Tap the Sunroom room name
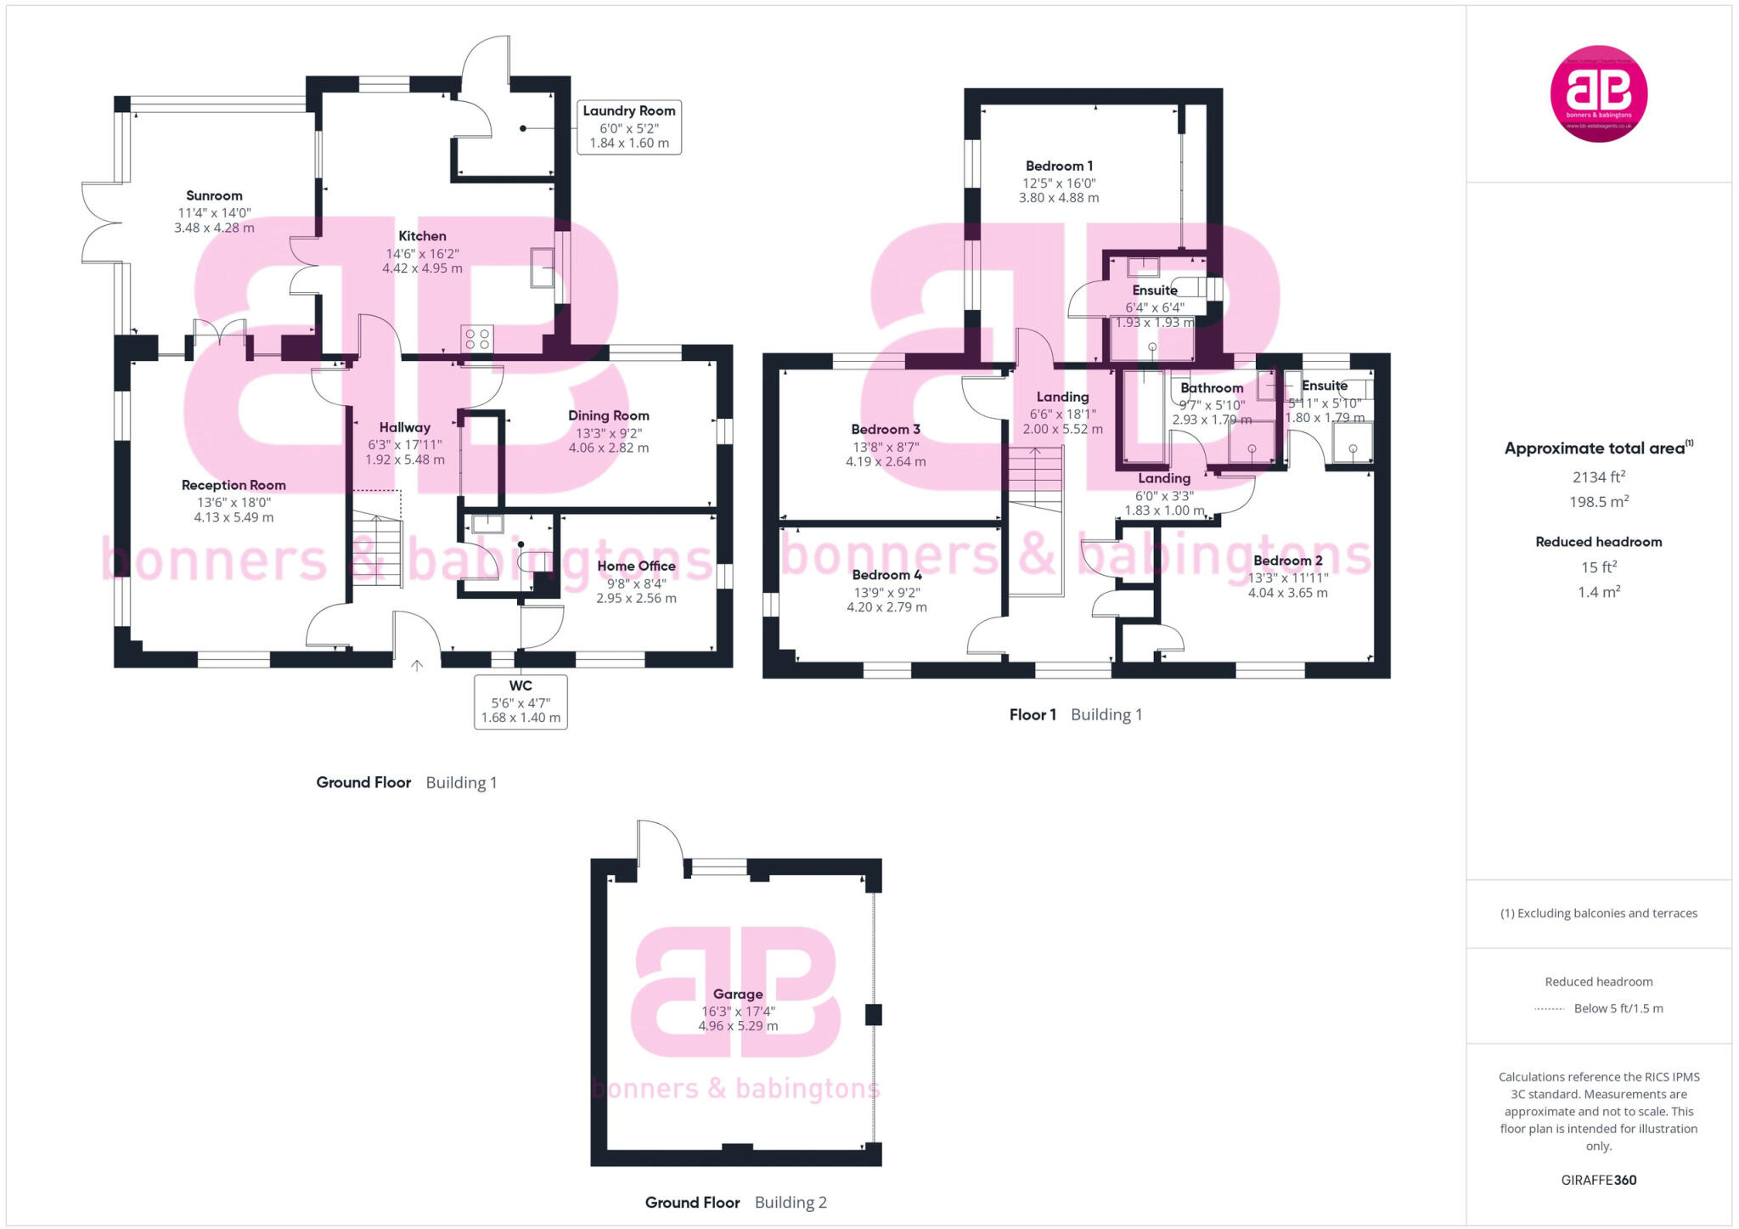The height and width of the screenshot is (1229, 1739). tap(214, 196)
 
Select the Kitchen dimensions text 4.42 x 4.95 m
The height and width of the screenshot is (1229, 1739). tap(422, 268)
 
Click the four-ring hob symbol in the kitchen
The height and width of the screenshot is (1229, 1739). tap(476, 339)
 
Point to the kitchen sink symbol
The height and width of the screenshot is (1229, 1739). tap(541, 267)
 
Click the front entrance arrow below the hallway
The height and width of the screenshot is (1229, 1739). tap(417, 666)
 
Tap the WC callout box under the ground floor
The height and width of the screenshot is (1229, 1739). tap(521, 702)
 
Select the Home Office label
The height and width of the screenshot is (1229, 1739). tap(636, 567)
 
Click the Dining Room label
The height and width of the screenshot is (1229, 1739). tap(608, 416)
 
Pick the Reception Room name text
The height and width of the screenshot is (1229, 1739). tap(234, 486)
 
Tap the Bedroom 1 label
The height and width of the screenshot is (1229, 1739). tap(1059, 166)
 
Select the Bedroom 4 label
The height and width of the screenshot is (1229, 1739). tap(886, 576)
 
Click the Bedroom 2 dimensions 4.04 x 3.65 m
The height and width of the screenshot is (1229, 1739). tap(1287, 593)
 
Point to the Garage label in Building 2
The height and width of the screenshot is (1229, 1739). tap(738, 995)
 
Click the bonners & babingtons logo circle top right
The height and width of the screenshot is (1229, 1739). tap(1598, 93)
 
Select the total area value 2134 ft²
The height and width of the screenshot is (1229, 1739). tap(1598, 477)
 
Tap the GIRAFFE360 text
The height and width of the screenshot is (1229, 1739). tap(1598, 1180)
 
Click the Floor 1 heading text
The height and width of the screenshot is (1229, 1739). tap(1033, 715)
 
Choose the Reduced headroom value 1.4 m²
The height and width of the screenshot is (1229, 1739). tap(1598, 592)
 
